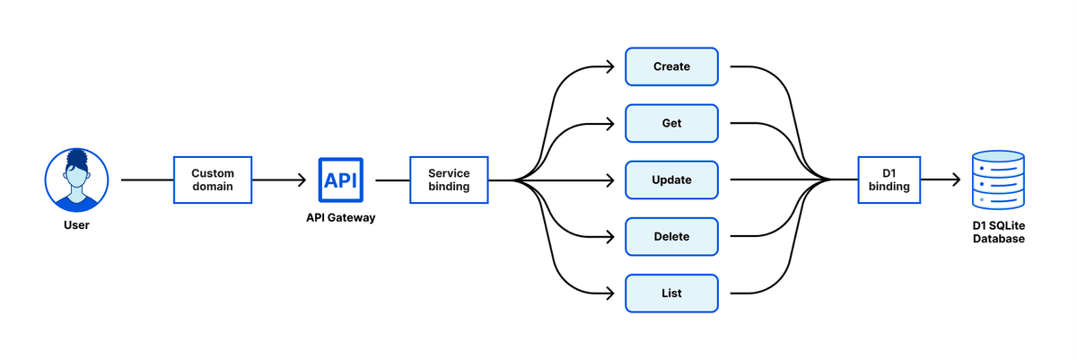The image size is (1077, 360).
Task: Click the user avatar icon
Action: click(x=76, y=180)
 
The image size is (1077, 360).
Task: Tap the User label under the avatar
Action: click(x=76, y=225)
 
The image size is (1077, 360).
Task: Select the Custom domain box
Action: click(x=213, y=180)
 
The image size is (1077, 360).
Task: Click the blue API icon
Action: click(x=341, y=180)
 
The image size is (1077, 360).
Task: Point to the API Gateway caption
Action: click(x=341, y=218)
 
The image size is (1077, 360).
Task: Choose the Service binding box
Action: click(x=449, y=180)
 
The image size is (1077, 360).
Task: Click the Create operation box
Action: click(x=671, y=66)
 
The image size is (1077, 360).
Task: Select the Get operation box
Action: click(x=671, y=123)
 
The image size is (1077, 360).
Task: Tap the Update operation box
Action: click(x=671, y=180)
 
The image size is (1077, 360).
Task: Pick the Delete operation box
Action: click(x=671, y=236)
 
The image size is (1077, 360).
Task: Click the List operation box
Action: click(x=671, y=294)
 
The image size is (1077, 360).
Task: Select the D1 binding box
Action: click(x=889, y=180)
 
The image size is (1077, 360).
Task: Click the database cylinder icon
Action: click(x=998, y=180)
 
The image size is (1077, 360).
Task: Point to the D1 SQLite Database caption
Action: click(x=999, y=233)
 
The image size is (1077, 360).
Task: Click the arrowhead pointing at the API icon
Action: click(x=302, y=180)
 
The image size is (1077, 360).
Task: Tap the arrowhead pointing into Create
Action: click(x=610, y=66)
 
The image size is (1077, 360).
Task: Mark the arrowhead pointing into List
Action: click(x=610, y=294)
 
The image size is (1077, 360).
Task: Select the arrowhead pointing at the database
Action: click(x=957, y=180)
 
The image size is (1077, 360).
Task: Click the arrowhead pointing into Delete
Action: click(x=610, y=236)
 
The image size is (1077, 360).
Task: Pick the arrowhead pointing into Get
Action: click(x=610, y=124)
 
